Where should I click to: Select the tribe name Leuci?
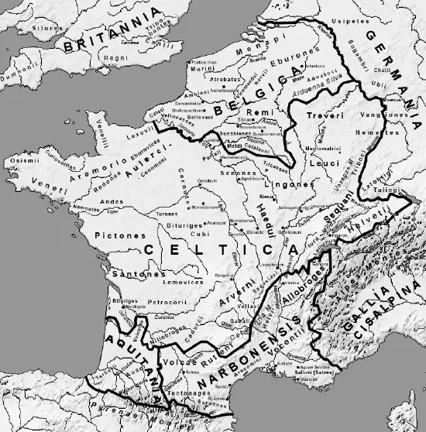[x=318, y=164]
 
